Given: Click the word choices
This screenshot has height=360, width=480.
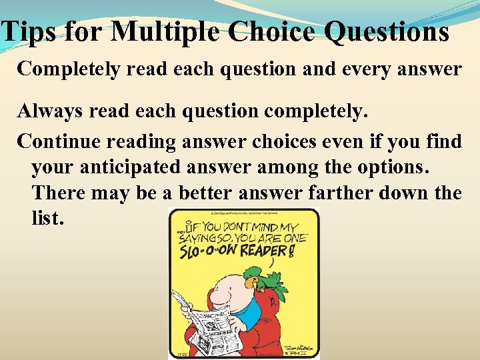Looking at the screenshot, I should click(293, 141).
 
